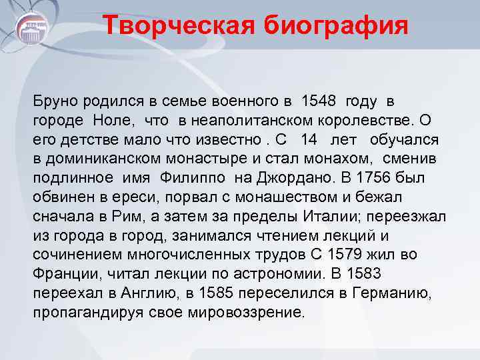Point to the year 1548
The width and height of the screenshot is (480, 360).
click(x=319, y=101)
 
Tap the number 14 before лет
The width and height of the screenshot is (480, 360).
click(x=309, y=140)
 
